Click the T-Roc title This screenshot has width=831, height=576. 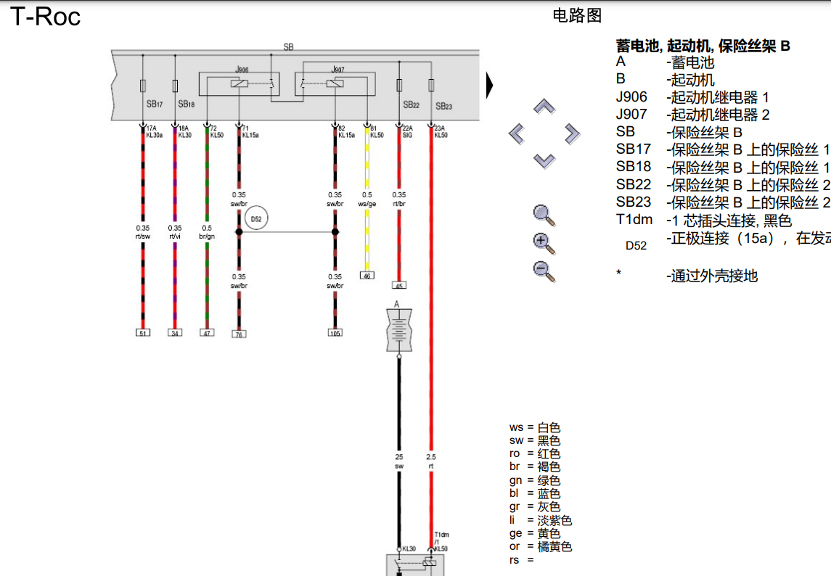[x=45, y=17]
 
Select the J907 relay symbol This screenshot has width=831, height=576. [x=335, y=84]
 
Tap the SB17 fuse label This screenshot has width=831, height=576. [x=155, y=104]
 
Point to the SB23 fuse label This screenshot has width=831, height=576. [x=443, y=106]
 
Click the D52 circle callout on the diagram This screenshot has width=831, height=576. [x=255, y=219]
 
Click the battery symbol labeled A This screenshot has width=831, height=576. [x=398, y=329]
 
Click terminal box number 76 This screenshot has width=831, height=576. [x=239, y=334]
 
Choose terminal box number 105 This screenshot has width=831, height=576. [x=335, y=333]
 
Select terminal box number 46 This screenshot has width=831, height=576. [x=367, y=276]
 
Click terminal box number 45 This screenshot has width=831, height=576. [x=399, y=285]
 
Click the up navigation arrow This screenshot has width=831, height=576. [x=544, y=107]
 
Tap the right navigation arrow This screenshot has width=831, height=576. [x=572, y=133]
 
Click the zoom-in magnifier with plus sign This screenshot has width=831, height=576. [x=544, y=243]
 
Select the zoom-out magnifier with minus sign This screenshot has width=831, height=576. [x=544, y=271]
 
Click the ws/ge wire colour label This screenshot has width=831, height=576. [x=367, y=204]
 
